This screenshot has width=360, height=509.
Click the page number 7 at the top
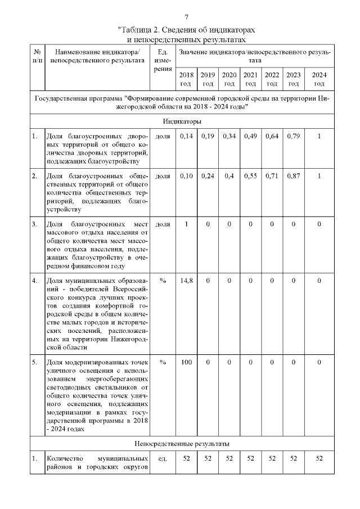pos(186,17)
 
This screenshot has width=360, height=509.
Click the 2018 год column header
pos(186,79)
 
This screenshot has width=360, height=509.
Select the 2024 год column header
pos(319,79)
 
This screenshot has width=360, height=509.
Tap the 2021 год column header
pos(250,79)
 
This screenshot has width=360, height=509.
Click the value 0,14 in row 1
pos(186,137)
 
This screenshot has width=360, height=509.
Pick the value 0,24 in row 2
pos(208,177)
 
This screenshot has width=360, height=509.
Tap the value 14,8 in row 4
pos(186,281)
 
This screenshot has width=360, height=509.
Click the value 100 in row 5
pos(186,363)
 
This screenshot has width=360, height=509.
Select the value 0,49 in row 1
pos(250,137)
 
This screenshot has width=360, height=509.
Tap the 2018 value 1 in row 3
pos(186,225)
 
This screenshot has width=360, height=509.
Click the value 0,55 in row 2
pos(250,177)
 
